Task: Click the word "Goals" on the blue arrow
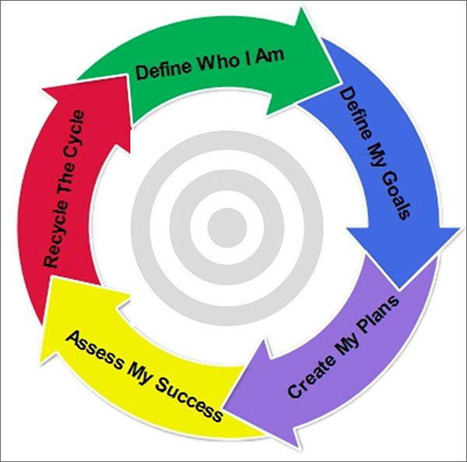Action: pos(393,187)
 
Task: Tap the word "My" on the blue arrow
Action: pos(376,147)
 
